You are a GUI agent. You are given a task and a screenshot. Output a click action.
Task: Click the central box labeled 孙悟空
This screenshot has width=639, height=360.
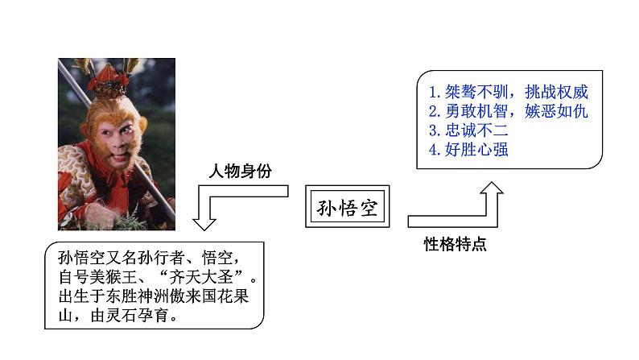[346, 209]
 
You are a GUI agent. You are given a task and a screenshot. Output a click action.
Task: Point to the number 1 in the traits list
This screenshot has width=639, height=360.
[433, 91]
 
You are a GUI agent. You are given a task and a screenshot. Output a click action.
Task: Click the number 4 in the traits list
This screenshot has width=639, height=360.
[433, 149]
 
